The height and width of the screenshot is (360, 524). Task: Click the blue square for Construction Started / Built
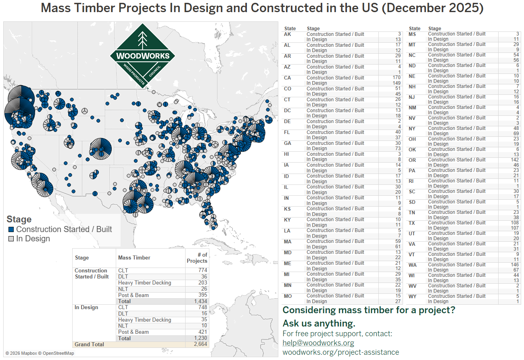[11, 229]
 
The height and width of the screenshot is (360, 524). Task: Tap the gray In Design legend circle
[11, 239]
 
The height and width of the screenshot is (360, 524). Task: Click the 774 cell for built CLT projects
[203, 270]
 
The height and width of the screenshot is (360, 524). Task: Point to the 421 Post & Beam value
[203, 332]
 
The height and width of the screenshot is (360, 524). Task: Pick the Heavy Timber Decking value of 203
[203, 283]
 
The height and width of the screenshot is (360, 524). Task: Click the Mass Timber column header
[134, 257]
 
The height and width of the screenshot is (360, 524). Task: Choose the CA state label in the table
[287, 78]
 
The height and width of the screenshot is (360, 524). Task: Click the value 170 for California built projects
[396, 77]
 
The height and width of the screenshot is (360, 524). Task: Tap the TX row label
[412, 223]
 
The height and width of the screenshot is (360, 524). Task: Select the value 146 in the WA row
[514, 265]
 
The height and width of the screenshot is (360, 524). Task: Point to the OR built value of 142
[514, 160]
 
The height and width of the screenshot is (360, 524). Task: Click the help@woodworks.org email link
[318, 343]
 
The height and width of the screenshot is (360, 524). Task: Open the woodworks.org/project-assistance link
[341, 352]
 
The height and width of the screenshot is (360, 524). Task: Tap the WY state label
[412, 296]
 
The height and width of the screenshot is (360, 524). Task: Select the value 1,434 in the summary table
[200, 301]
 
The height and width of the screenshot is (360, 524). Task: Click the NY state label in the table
[412, 128]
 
